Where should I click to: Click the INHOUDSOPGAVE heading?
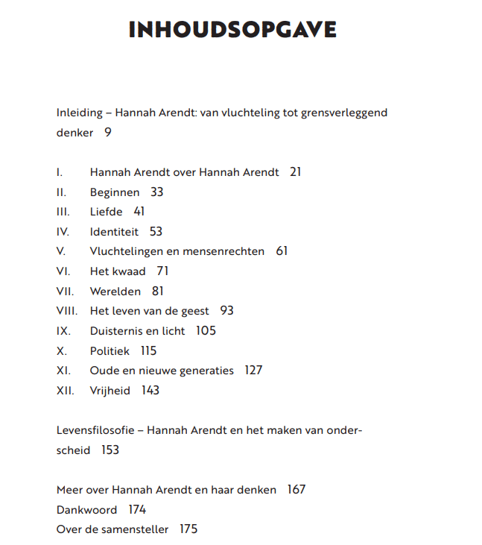232,29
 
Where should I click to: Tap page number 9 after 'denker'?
107,133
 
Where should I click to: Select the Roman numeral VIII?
66,311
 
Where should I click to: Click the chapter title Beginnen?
114,192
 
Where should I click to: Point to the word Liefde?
106,212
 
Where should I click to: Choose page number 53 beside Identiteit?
156,232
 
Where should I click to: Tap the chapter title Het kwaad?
118,271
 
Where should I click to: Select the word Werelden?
116,292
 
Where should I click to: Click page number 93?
227,311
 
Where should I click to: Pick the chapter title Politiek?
110,350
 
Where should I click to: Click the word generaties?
205,371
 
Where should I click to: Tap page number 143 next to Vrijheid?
150,390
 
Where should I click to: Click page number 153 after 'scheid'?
110,450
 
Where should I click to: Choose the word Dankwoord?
86,510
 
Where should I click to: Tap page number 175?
188,529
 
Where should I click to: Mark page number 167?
296,490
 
